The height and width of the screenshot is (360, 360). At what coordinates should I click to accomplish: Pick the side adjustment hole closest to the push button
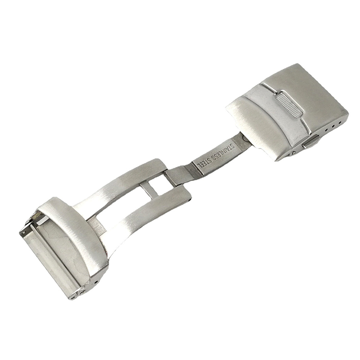pyautogui.click(x=326, y=130)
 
